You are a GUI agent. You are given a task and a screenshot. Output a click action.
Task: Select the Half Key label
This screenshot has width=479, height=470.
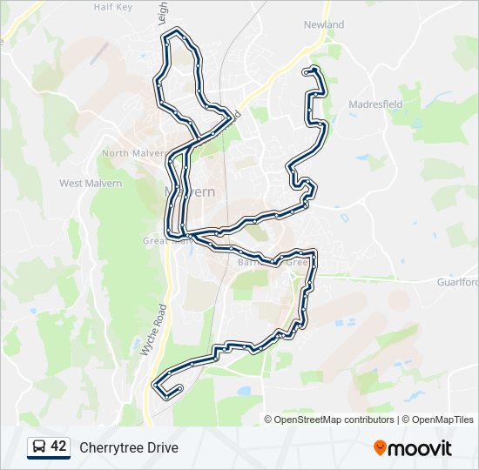[x=112, y=7]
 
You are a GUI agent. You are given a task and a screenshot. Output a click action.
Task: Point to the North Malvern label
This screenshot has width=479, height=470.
[x=128, y=153]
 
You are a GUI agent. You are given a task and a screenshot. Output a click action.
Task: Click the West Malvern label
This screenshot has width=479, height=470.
[x=91, y=184]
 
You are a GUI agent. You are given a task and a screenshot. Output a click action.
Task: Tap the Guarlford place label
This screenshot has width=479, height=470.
[x=457, y=282]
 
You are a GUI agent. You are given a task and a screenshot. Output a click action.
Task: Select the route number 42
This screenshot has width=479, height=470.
[x=58, y=446]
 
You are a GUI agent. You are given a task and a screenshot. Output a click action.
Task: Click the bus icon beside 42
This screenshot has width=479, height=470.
[x=39, y=447]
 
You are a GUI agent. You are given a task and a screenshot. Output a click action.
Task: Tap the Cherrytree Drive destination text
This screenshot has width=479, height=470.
[x=129, y=447]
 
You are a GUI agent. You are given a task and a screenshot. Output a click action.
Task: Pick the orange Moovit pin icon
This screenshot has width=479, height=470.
[x=381, y=448]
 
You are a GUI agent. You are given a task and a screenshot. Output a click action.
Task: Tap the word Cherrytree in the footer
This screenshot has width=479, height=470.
[x=111, y=447]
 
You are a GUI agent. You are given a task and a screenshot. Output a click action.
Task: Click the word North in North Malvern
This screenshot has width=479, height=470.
[x=115, y=153]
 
